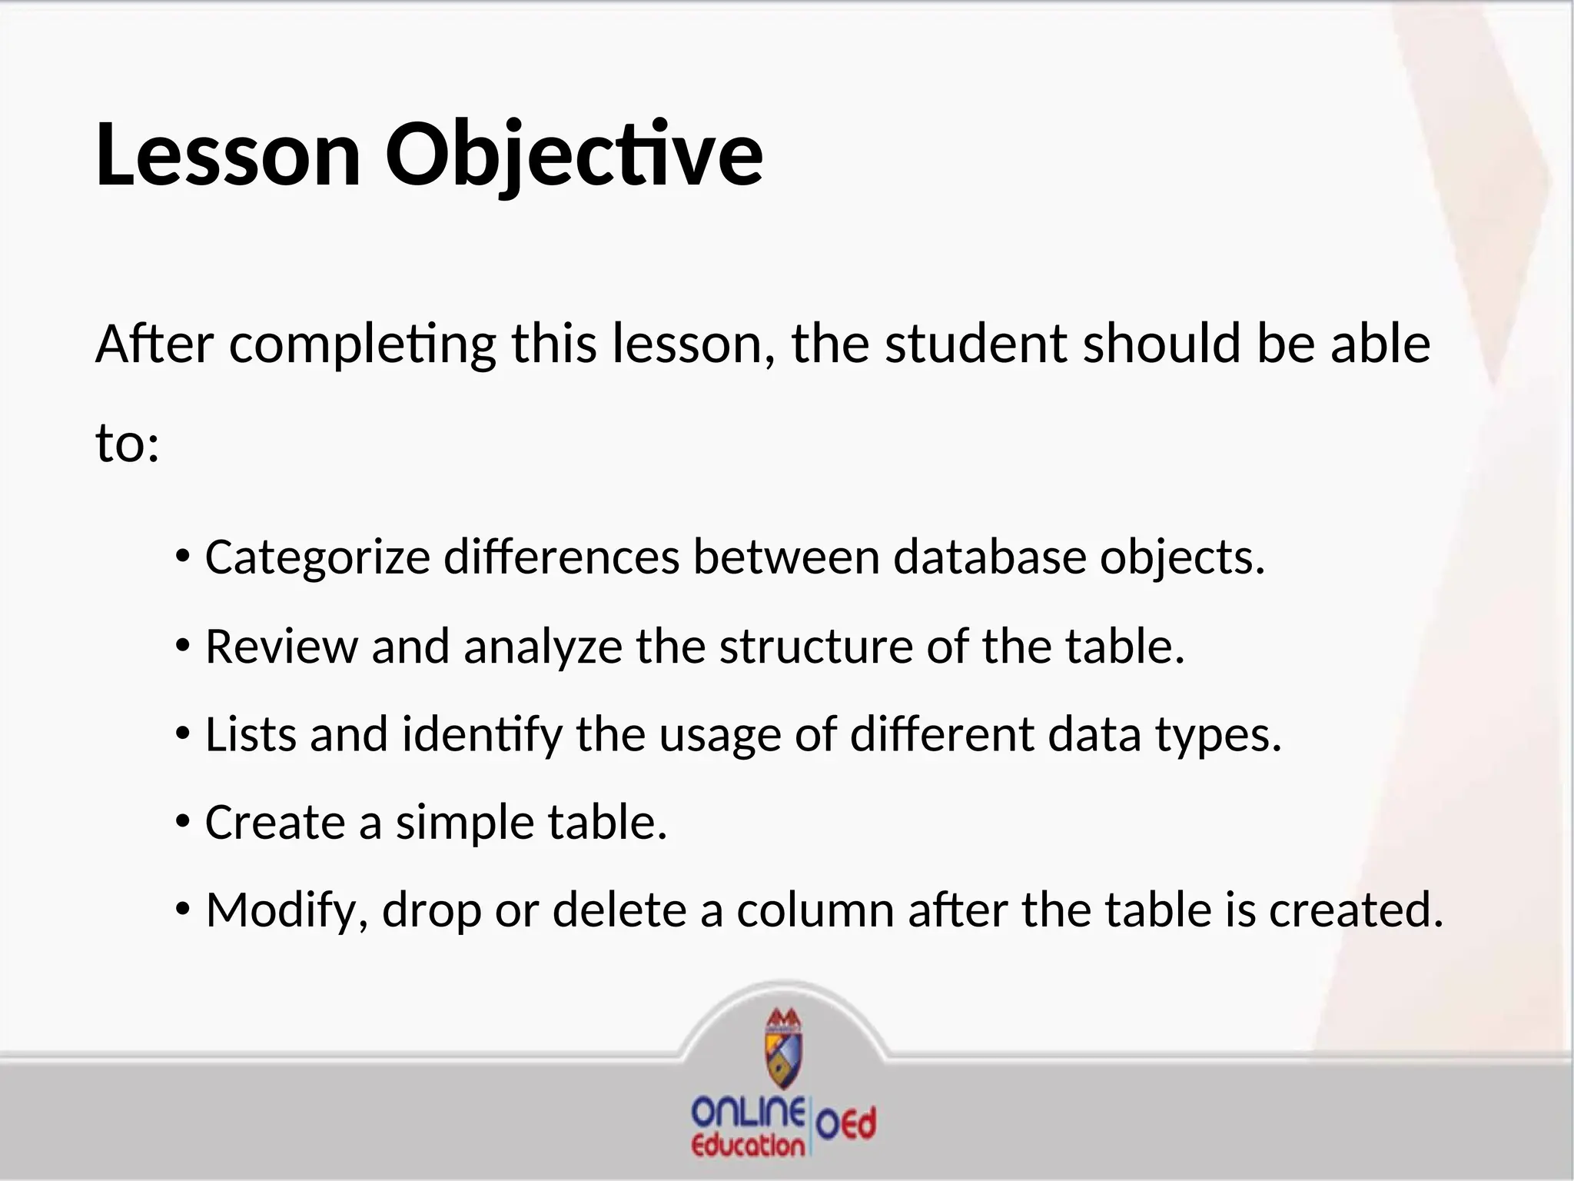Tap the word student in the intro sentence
coord(976,344)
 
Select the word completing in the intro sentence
coord(362,345)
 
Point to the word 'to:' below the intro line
coord(128,444)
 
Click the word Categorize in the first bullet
coord(317,557)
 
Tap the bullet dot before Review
coord(182,647)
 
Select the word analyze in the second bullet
coord(543,647)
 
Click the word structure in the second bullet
coord(815,647)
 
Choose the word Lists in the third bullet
coord(251,734)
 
